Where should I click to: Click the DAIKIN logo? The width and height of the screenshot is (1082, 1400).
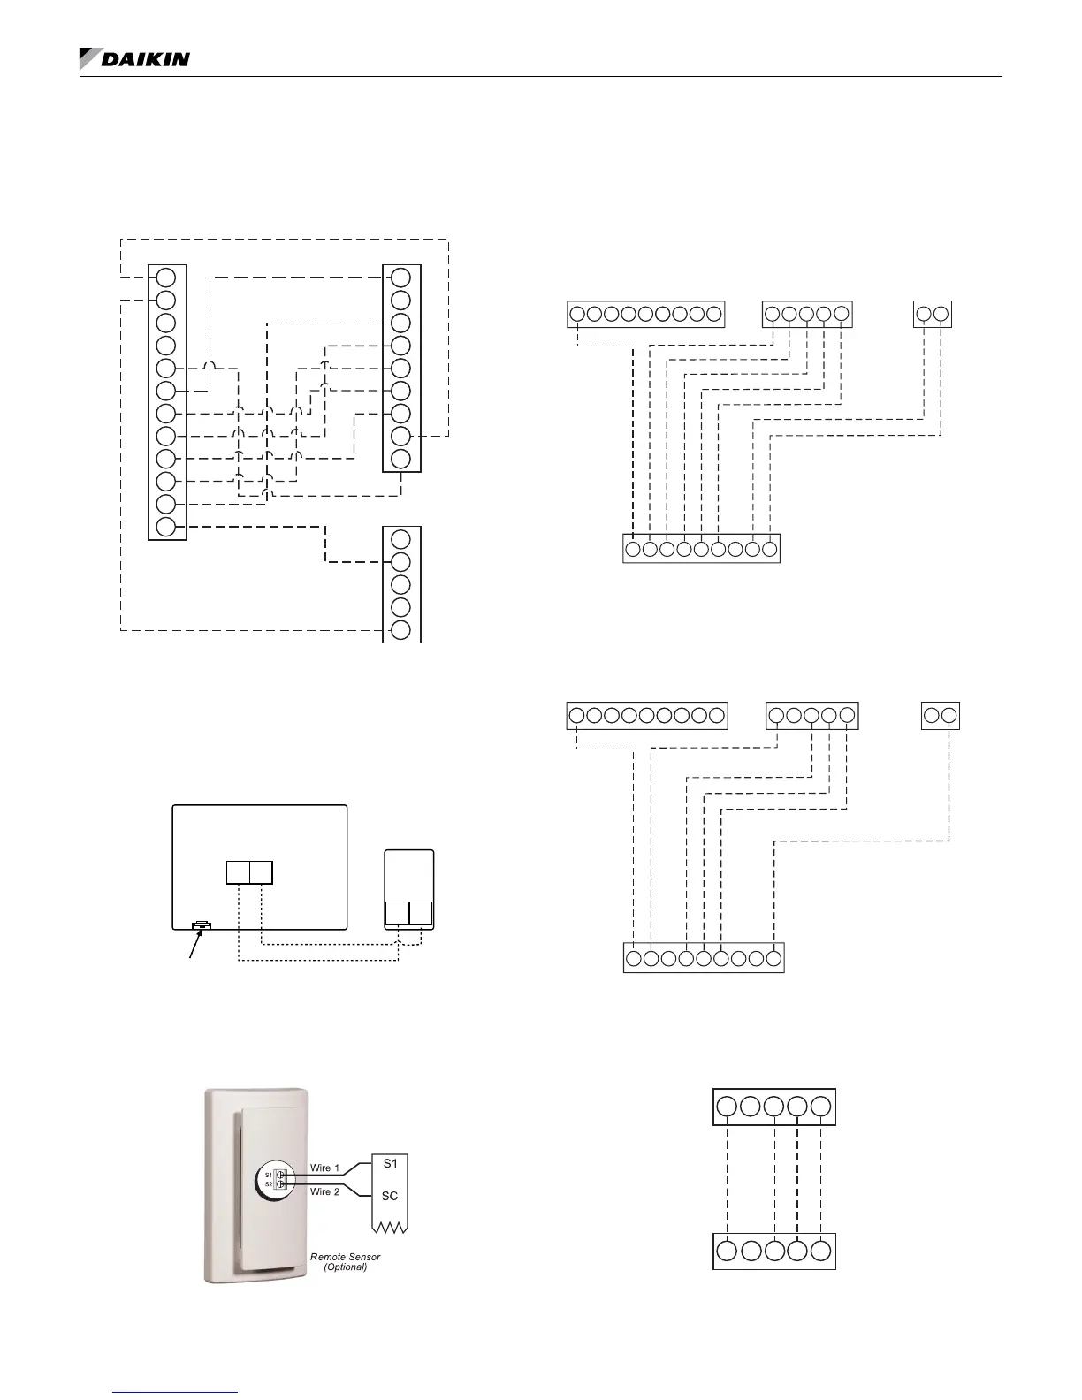(134, 59)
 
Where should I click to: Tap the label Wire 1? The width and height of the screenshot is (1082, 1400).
(324, 1168)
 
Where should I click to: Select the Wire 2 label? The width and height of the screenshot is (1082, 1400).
(324, 1192)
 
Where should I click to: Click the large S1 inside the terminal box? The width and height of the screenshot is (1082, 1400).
(390, 1164)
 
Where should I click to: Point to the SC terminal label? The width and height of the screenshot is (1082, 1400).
(390, 1196)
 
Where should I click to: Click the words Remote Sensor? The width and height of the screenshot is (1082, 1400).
(345, 1256)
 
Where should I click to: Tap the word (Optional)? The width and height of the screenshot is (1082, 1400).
(345, 1267)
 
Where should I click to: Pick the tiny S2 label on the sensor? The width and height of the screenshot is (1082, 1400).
(269, 1183)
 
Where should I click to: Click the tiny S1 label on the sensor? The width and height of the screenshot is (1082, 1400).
(269, 1175)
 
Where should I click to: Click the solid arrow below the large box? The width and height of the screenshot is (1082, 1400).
(193, 949)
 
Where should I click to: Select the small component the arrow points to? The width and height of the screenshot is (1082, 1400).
(202, 925)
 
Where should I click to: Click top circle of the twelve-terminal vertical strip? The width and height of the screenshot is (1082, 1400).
(166, 277)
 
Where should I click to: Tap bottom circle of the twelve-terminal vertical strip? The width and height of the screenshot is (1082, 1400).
(166, 528)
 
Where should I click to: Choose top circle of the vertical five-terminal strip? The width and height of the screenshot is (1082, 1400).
(400, 539)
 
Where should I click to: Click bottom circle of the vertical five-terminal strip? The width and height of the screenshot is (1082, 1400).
(400, 630)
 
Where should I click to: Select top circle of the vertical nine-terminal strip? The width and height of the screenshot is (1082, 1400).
(400, 277)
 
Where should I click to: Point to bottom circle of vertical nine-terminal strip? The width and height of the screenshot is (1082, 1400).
(400, 459)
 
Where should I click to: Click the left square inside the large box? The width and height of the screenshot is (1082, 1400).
(238, 872)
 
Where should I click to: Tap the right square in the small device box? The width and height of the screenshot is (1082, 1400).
(421, 914)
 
